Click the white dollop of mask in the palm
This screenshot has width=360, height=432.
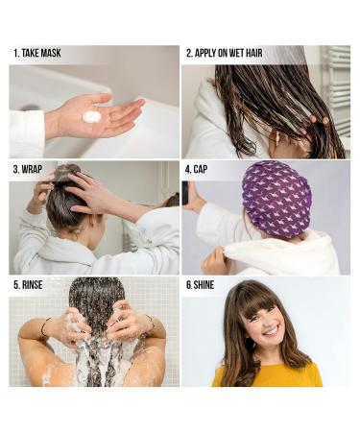click(92, 116)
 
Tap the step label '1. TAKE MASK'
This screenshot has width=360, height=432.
click(37, 53)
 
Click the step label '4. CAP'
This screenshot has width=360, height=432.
click(200, 169)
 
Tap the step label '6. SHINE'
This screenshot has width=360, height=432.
click(200, 285)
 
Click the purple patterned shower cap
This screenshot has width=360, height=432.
click(276, 200)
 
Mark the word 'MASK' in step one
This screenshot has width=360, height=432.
click(49, 53)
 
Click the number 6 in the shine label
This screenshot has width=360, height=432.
click(187, 285)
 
